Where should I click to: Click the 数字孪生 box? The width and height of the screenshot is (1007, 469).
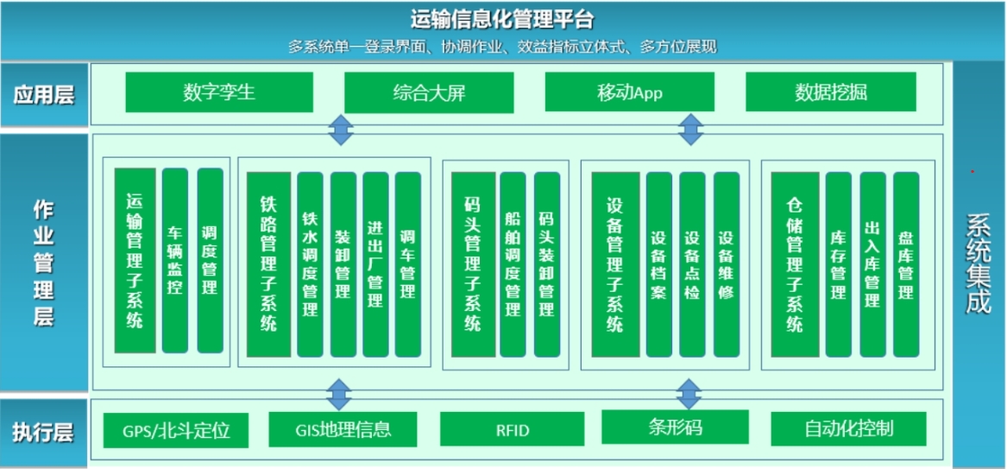click(219, 92)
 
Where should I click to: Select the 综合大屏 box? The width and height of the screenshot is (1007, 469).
click(429, 92)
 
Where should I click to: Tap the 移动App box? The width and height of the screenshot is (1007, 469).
click(630, 92)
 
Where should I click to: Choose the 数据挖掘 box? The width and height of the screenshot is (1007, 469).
click(830, 92)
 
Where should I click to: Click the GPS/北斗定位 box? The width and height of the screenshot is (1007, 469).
click(177, 429)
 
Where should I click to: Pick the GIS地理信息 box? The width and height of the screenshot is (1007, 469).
click(343, 428)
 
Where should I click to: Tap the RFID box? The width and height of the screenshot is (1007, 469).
click(513, 429)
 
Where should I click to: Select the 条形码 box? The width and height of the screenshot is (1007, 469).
click(675, 427)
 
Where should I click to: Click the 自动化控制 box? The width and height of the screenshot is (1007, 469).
click(848, 428)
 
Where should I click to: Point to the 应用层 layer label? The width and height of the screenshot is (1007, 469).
click(44, 94)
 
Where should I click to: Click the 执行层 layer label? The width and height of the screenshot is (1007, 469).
click(44, 432)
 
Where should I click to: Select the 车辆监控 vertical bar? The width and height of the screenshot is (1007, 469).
click(175, 261)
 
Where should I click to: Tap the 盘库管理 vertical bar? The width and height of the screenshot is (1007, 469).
click(905, 264)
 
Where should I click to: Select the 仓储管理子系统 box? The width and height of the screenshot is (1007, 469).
click(795, 263)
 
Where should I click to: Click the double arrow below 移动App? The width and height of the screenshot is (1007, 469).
click(689, 130)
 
